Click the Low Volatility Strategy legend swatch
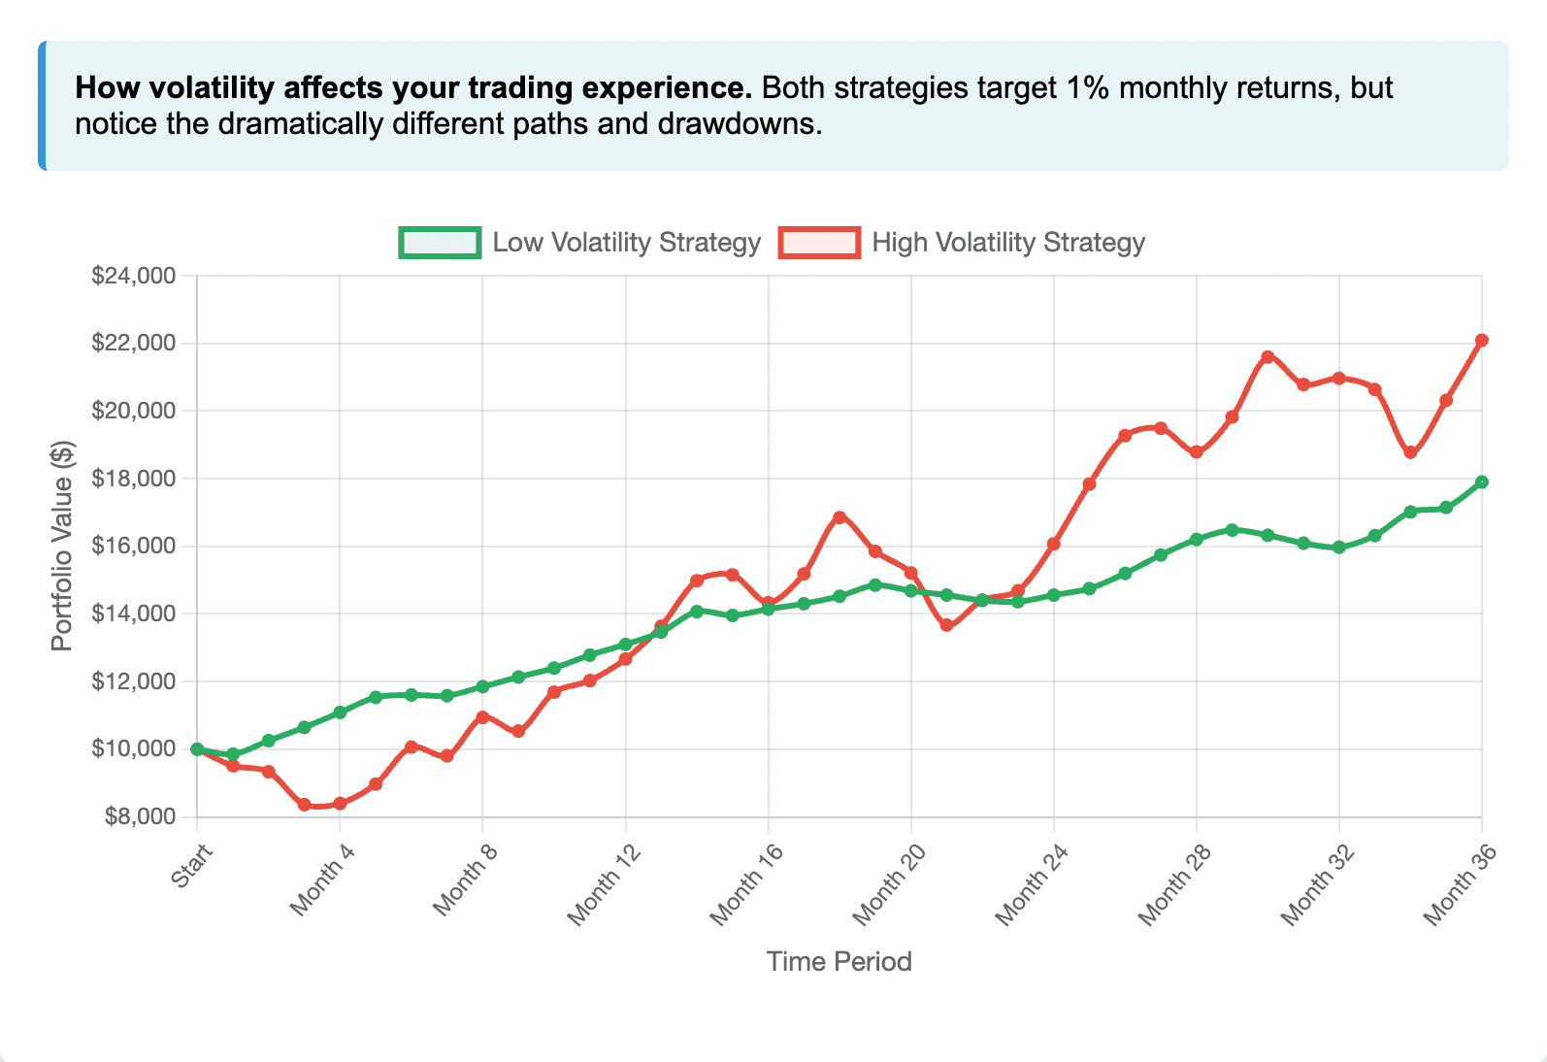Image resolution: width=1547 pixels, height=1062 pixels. point(440,243)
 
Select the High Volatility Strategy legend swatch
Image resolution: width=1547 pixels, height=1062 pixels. point(819,243)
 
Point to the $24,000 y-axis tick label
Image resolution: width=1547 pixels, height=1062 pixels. point(134,276)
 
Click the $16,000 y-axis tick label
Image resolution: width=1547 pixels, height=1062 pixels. point(134,547)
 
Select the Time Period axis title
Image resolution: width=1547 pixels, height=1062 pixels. point(839,962)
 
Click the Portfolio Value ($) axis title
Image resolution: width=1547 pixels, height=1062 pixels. point(62,546)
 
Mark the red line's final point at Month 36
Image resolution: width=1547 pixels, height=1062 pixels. point(1482,341)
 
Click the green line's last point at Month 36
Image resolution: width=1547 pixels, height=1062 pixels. point(1482,482)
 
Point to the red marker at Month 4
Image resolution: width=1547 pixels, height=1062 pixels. point(340,804)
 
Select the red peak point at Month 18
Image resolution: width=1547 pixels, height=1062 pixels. point(839,517)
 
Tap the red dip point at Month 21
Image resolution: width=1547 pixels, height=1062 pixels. point(946,626)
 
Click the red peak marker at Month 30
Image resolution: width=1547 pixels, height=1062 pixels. point(1267,357)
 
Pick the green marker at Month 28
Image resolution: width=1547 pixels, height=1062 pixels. point(1197,540)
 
